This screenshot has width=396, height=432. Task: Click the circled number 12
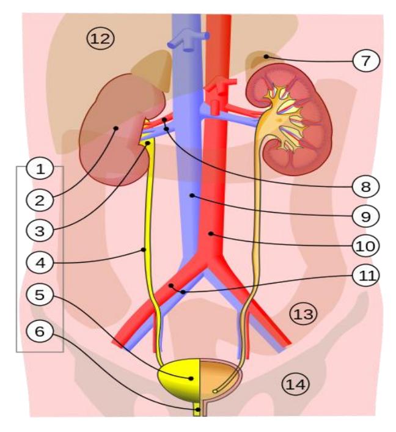pos(100,38)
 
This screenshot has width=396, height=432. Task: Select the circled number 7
pos(365,60)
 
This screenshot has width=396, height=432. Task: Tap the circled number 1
pos(40,169)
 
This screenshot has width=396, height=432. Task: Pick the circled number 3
pos(40,231)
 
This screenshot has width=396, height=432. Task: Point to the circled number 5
pos(40,295)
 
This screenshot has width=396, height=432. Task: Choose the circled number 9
pos(365,217)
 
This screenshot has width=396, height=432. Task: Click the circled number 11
pos(365,276)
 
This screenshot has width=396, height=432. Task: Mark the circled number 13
pos(303,314)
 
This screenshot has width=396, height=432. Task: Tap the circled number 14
pos(296,384)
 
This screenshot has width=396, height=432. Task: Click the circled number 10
pos(365,246)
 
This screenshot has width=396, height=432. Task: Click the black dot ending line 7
pos(266,57)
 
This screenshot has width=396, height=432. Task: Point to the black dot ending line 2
pos(116,128)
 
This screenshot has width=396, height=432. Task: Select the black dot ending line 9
pos(192,196)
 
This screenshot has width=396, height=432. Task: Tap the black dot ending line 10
pos(211,233)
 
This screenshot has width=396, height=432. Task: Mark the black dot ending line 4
pos(143,250)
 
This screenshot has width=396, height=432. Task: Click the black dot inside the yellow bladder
pos(191,379)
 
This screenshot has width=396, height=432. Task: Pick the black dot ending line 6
pos(197,409)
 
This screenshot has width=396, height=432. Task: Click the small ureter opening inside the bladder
pos(215,391)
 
